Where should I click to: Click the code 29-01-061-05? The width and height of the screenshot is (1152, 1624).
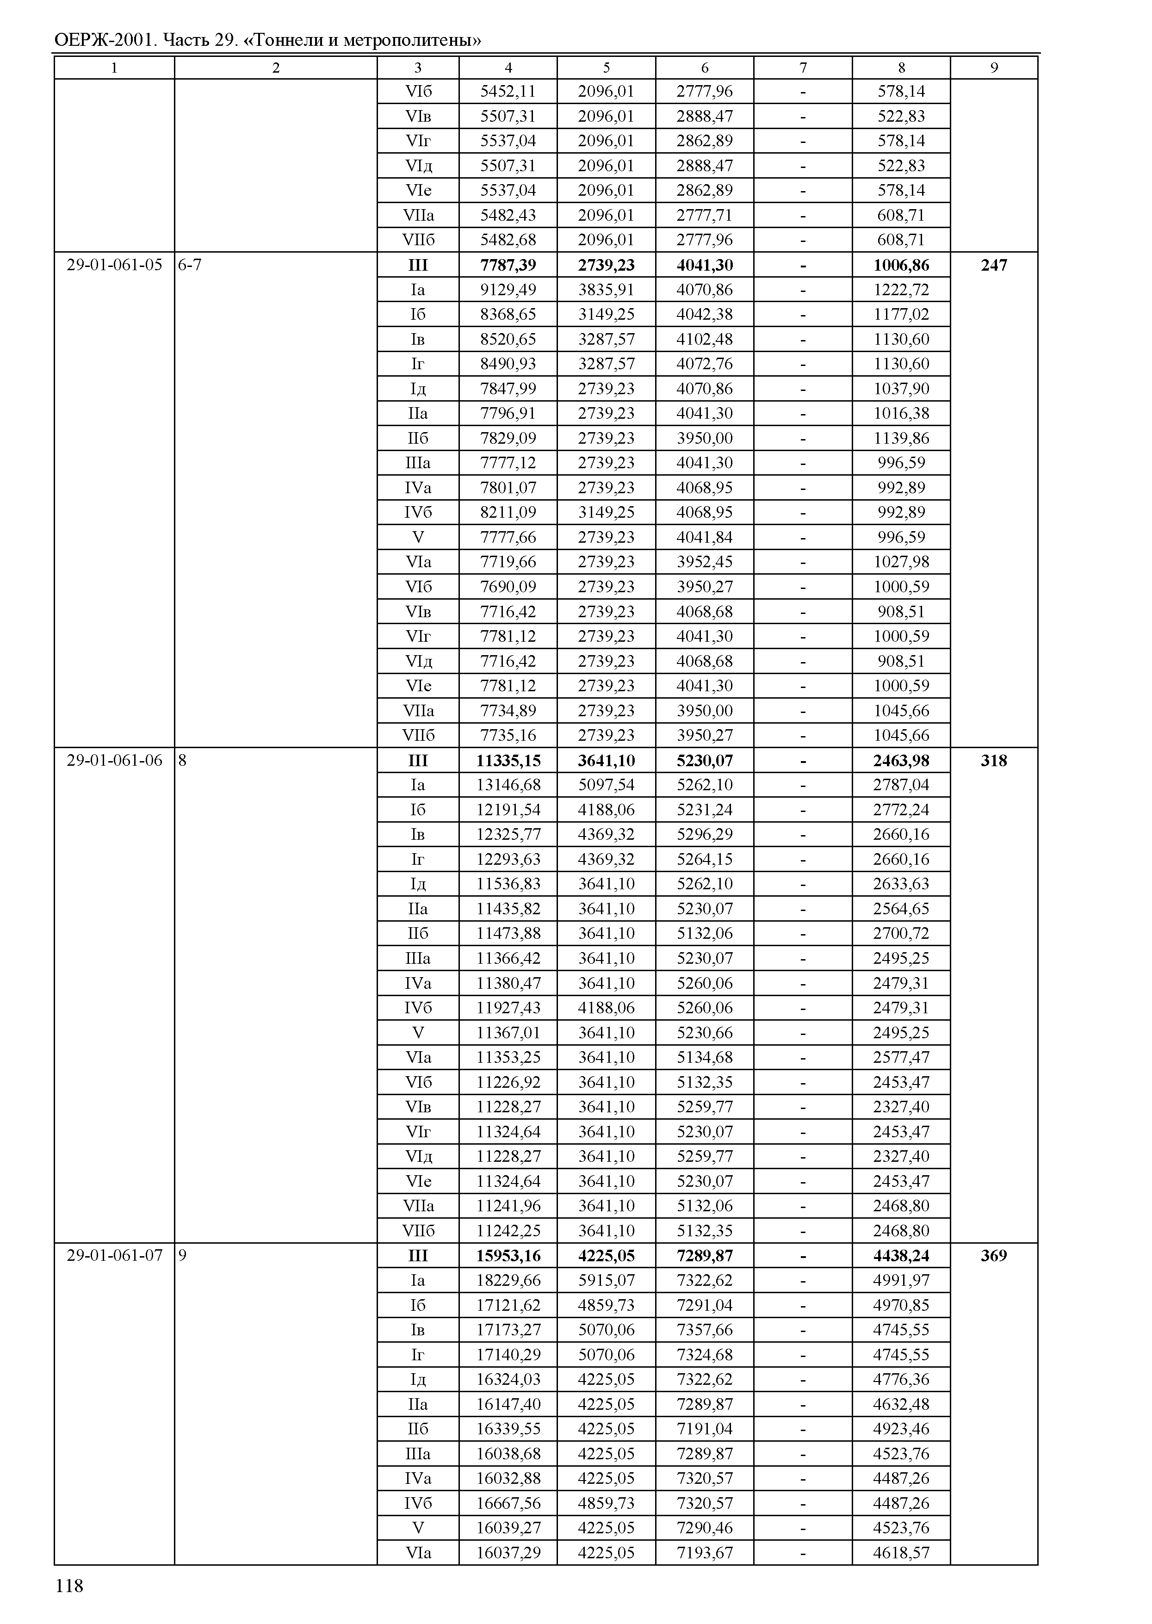[x=114, y=265]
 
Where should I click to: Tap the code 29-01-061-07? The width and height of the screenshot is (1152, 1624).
[x=114, y=1256]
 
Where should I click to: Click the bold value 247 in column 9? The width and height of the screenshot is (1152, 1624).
[x=993, y=265]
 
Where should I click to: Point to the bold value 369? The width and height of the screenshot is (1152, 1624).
[x=993, y=1256]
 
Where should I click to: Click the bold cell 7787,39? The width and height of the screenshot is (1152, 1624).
[x=508, y=265]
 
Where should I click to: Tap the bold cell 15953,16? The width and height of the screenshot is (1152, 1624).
[x=508, y=1256]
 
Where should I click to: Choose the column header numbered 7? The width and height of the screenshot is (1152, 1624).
[x=803, y=68]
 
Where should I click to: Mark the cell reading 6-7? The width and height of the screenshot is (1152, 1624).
[x=189, y=265]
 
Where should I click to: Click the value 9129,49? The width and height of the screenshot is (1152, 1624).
[x=508, y=290]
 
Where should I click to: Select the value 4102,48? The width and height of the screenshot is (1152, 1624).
[x=705, y=339]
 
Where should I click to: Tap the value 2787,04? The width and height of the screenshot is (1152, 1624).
[x=901, y=785]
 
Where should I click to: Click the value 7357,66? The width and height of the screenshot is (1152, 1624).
[x=705, y=1330]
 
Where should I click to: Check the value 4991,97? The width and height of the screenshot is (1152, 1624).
[x=901, y=1280]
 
